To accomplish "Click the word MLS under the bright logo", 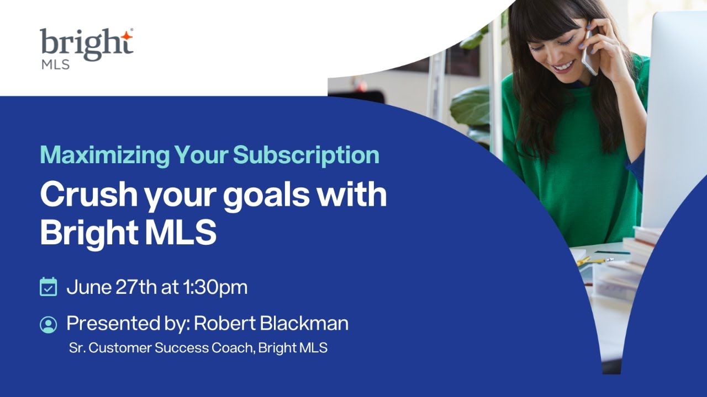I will click(x=55, y=65).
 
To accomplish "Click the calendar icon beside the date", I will click(x=49, y=287).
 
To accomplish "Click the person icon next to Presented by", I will click(x=49, y=324).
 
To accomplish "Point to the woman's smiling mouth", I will click(x=563, y=66).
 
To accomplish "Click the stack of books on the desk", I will click(x=635, y=259).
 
